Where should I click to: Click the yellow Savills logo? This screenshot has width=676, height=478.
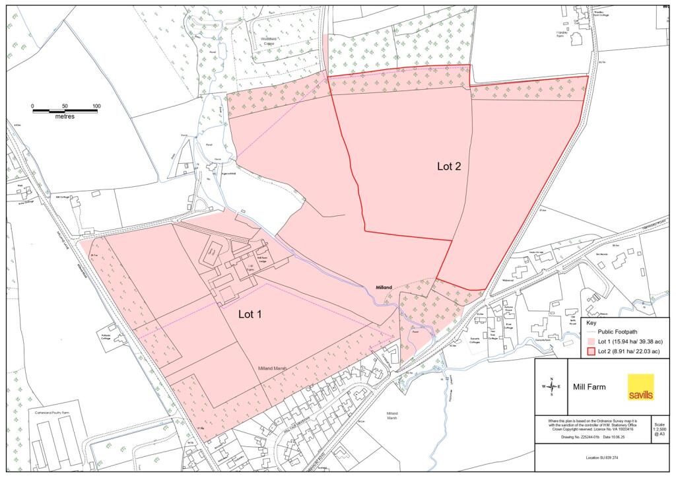640,387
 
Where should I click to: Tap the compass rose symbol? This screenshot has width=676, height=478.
553,386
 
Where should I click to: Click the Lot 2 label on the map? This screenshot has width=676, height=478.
454,166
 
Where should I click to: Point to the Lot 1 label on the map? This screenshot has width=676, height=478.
250,314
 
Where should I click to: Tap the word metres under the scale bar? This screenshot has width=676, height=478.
65,116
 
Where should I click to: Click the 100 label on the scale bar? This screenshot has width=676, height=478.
96,106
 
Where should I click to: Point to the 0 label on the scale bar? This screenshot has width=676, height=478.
32,106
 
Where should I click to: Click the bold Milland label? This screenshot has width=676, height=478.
384,288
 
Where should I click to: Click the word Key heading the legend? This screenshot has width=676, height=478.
591,323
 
